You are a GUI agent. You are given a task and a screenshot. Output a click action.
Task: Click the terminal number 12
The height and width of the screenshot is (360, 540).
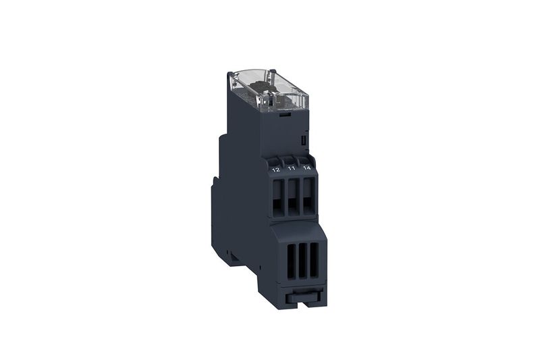[x=276, y=170]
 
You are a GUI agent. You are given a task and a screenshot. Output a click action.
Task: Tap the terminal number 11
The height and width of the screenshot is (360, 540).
[x=292, y=168]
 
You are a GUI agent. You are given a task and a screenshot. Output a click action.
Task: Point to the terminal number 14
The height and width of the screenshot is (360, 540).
[x=306, y=168]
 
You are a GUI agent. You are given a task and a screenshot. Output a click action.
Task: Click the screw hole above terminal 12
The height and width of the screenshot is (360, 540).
[x=275, y=161]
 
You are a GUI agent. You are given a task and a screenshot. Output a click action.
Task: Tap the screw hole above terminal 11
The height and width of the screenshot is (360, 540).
[x=290, y=159]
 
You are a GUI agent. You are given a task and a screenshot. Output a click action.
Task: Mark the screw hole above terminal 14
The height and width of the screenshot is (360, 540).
[x=305, y=158]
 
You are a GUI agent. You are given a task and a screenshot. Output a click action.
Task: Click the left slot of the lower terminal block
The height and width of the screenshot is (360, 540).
[x=292, y=261]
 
